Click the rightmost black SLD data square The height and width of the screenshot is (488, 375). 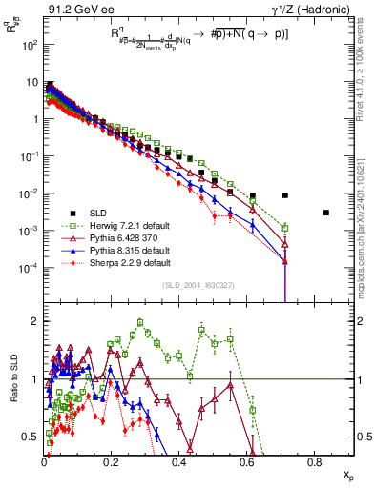pyautogui.click(x=326, y=213)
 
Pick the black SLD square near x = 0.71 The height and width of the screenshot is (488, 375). pyautogui.click(x=285, y=195)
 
